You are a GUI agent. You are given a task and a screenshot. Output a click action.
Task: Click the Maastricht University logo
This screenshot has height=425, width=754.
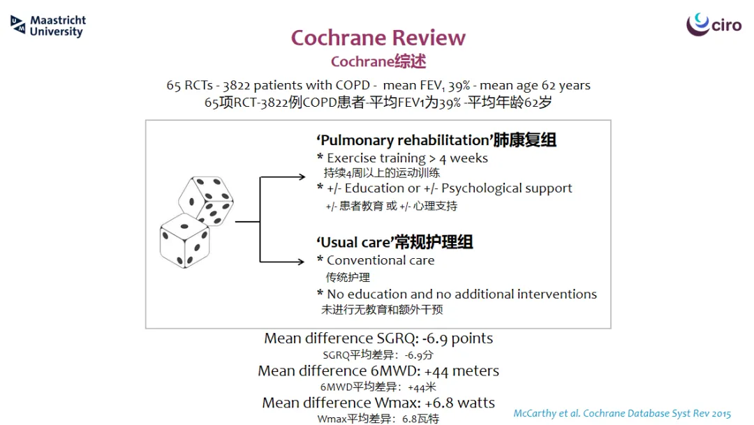click(48, 26)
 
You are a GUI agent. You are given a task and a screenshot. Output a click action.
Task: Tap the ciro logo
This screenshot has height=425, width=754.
click(714, 24)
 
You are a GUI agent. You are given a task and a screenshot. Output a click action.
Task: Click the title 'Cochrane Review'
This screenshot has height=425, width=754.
click(378, 38)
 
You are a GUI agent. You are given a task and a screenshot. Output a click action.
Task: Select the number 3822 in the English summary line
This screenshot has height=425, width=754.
click(236, 86)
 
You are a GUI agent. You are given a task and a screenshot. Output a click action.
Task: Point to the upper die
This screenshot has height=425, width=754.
click(206, 200)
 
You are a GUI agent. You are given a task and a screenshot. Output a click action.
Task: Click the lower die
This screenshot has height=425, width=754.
click(184, 240)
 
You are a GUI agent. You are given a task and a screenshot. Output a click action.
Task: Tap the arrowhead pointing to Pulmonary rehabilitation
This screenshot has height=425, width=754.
click(302, 177)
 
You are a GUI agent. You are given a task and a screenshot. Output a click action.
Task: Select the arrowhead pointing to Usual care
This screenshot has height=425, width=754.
click(300, 262)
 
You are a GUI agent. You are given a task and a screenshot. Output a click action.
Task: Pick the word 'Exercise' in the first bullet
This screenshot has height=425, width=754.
click(352, 158)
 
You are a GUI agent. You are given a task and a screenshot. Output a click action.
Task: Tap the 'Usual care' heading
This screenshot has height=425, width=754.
click(355, 242)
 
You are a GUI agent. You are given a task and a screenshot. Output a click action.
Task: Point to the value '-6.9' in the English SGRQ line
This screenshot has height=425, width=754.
click(435, 338)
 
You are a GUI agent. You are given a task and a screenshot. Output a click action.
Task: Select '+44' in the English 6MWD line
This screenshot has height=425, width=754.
click(436, 371)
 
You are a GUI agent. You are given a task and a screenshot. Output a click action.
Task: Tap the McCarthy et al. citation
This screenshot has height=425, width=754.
click(622, 413)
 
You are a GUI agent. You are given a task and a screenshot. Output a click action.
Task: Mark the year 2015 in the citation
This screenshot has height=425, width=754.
click(721, 414)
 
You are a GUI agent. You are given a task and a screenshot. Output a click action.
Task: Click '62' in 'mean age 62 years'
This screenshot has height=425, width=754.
click(548, 86)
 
